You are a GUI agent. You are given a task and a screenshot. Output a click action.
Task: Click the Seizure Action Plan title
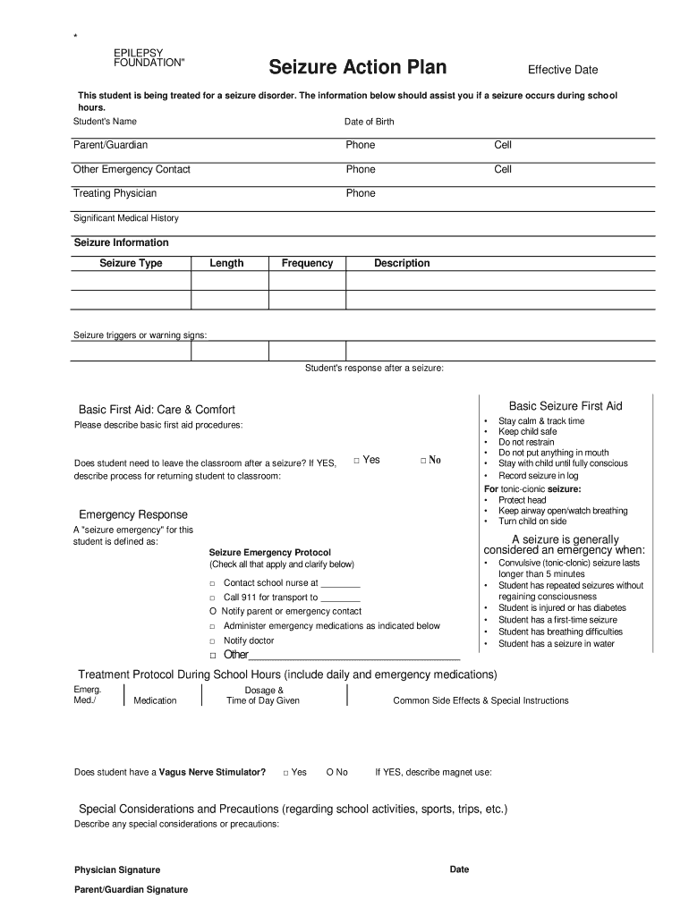tap(358, 68)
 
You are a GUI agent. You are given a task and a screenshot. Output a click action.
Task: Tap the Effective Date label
tap(562, 70)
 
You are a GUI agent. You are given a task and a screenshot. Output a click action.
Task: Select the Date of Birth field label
tap(369, 122)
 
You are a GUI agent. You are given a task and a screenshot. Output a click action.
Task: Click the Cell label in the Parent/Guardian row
tap(503, 145)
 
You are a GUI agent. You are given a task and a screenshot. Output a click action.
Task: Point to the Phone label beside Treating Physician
tap(361, 193)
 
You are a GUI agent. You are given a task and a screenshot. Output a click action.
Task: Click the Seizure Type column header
tap(131, 263)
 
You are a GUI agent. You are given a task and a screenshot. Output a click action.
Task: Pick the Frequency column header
tap(307, 263)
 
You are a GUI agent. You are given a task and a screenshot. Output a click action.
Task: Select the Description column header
tap(402, 263)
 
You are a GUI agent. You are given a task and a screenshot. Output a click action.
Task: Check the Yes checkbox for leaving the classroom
tap(356, 460)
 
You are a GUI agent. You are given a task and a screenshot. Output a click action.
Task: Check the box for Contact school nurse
tap(213, 583)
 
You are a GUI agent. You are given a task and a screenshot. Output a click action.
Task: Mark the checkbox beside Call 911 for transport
tap(213, 598)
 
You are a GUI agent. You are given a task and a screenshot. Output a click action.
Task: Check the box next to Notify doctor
tap(213, 641)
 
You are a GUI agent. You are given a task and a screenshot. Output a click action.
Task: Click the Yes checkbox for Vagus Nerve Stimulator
tap(285, 772)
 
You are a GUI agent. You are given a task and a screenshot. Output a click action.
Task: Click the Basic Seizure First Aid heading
tap(566, 406)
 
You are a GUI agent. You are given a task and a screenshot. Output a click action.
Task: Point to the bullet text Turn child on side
tap(532, 522)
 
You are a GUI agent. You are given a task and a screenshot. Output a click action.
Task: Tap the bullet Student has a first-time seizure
tap(557, 620)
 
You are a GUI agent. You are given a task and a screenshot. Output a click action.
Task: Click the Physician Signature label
tap(117, 869)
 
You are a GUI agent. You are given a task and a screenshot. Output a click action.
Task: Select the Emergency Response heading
tap(133, 514)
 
